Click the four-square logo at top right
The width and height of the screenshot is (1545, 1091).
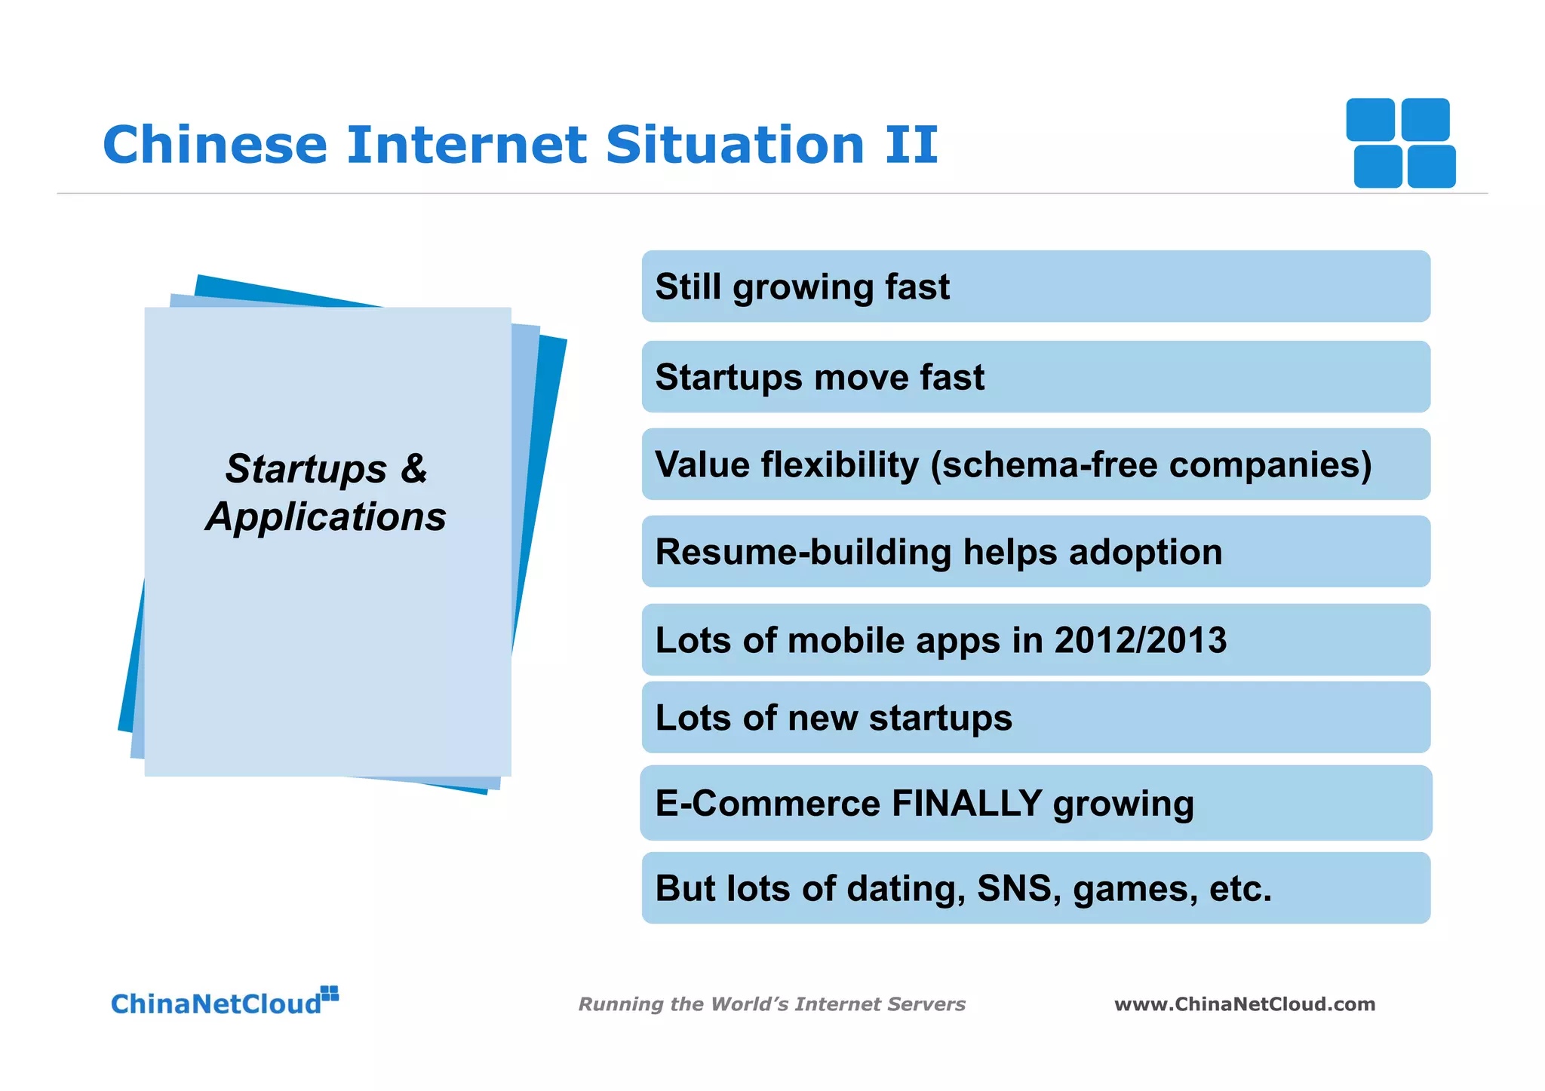[x=1401, y=143]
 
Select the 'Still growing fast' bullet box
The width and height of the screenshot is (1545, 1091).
[x=1035, y=287]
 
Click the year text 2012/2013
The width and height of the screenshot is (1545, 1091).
[x=1140, y=640]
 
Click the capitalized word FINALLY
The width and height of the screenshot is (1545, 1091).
[x=966, y=803]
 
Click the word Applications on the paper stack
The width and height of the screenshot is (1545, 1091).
[x=326, y=517]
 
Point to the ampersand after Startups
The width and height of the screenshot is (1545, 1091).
[x=413, y=468]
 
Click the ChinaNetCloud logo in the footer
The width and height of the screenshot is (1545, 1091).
[x=224, y=1003]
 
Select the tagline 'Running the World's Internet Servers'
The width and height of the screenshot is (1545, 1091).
[x=772, y=1004]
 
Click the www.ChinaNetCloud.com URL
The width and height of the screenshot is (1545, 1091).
[x=1245, y=1004]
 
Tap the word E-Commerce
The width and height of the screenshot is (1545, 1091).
[x=767, y=803]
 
